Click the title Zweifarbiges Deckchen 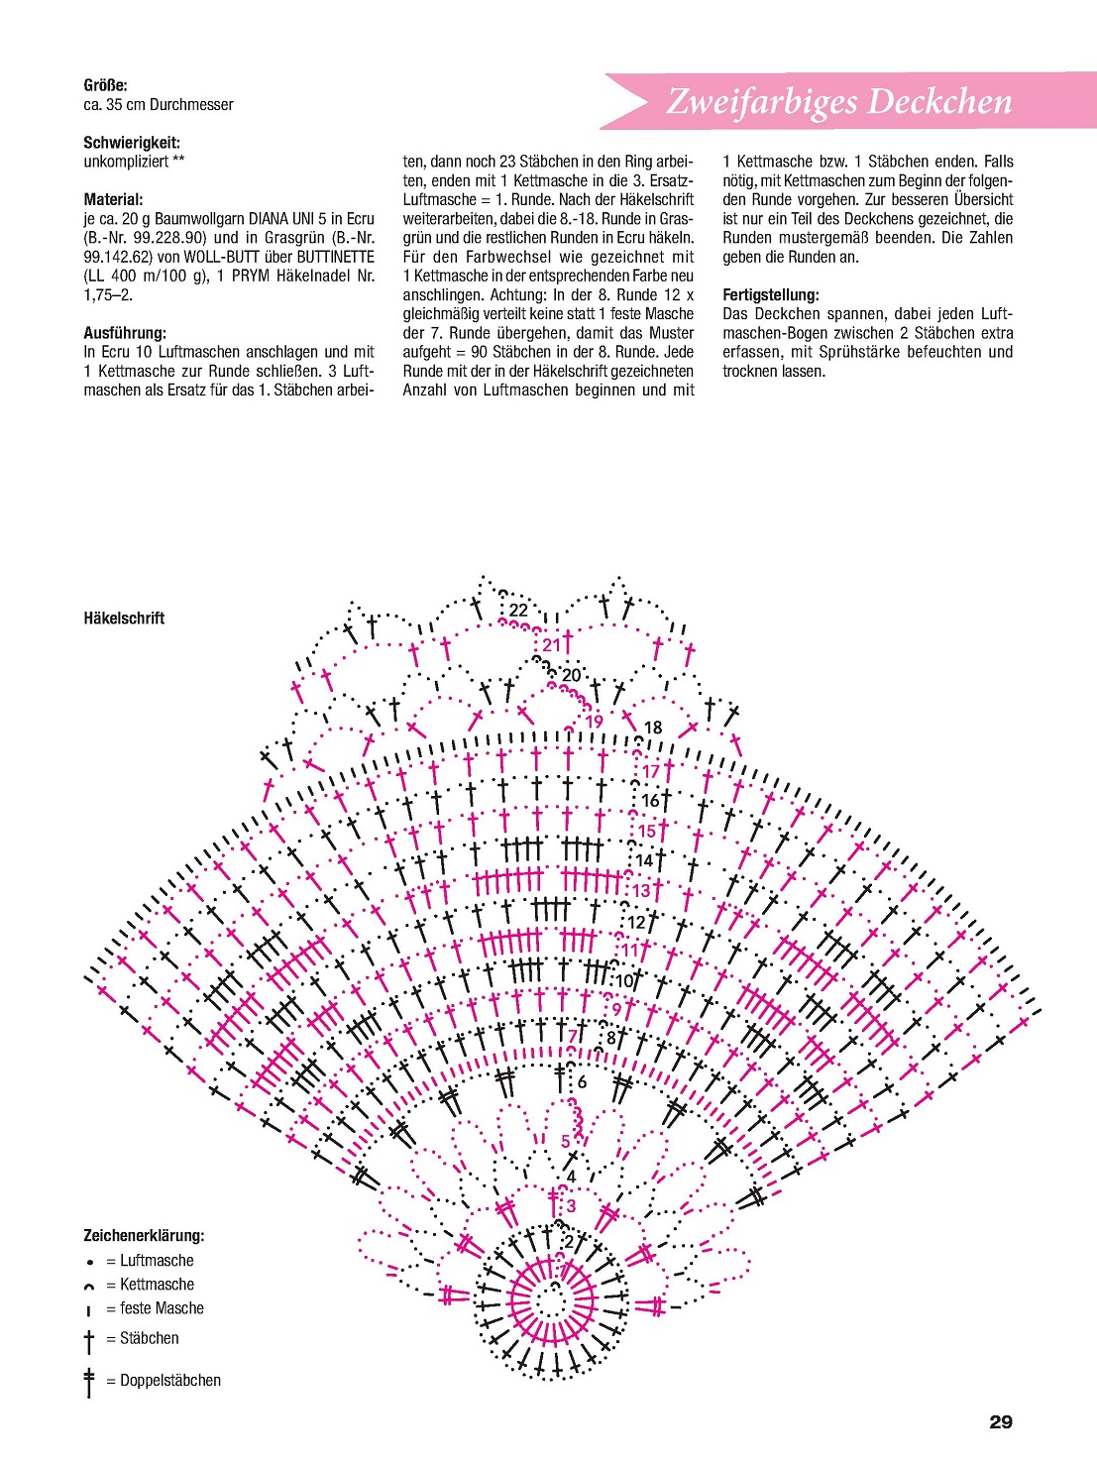pyautogui.click(x=838, y=101)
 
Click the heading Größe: pyautogui.click(x=105, y=85)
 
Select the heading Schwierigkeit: pyautogui.click(x=132, y=143)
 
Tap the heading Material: pyautogui.click(x=113, y=199)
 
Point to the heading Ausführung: pyautogui.click(x=125, y=333)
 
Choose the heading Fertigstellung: pyautogui.click(x=771, y=295)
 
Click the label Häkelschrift pyautogui.click(x=124, y=619)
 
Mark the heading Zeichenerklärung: pyautogui.click(x=144, y=1236)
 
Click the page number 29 pyautogui.click(x=1001, y=1422)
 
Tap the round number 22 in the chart pyautogui.click(x=518, y=611)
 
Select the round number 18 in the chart pyautogui.click(x=653, y=728)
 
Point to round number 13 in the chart pyautogui.click(x=641, y=891)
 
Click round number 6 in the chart pyautogui.click(x=582, y=1082)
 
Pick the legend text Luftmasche pyautogui.click(x=157, y=1261)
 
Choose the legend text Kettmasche pyautogui.click(x=157, y=1285)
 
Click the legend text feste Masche pyautogui.click(x=162, y=1308)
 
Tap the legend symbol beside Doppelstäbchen pyautogui.click(x=89, y=1382)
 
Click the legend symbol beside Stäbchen pyautogui.click(x=89, y=1341)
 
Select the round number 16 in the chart pyautogui.click(x=650, y=801)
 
